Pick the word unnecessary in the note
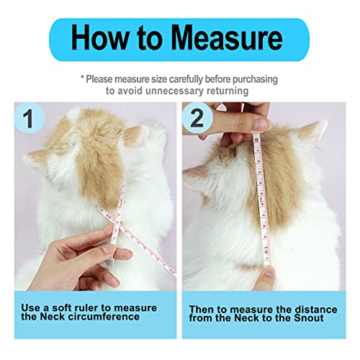coord(162,91)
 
